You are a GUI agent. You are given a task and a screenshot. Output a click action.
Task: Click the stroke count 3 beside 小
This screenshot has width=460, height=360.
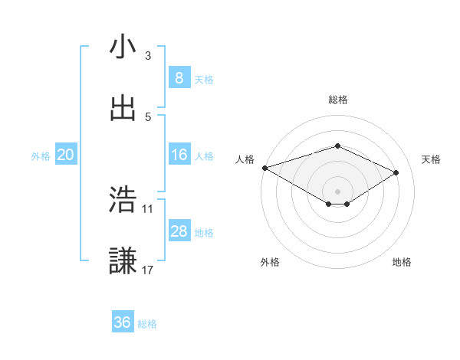[x=148, y=55]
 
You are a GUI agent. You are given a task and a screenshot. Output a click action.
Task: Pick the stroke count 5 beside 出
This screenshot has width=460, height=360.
[x=148, y=116]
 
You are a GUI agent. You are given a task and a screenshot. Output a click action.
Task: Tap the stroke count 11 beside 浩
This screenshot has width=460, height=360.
[x=148, y=208]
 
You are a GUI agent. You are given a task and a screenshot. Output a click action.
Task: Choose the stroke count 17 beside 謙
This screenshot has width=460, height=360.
[x=148, y=270]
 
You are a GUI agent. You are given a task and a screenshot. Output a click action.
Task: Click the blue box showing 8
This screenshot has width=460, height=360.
[x=179, y=78]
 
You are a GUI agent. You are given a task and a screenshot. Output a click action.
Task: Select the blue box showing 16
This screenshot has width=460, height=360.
[x=179, y=155]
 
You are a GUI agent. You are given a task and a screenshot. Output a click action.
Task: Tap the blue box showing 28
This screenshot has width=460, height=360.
[x=179, y=232]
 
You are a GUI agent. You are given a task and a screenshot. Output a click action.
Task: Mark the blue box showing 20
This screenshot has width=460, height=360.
[x=65, y=155]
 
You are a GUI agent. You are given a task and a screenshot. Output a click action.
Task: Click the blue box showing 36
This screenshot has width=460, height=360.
[x=122, y=323]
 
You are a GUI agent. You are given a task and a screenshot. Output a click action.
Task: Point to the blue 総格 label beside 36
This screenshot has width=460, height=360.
[x=147, y=324]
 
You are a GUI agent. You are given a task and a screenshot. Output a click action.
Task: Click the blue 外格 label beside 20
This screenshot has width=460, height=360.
[x=41, y=156]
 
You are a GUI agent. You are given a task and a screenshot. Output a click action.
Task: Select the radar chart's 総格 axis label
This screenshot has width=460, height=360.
[x=338, y=100]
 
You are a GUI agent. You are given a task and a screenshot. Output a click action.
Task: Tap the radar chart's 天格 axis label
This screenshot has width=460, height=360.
[x=431, y=159]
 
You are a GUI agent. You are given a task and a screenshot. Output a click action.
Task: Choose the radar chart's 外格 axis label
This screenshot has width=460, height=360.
[x=270, y=262]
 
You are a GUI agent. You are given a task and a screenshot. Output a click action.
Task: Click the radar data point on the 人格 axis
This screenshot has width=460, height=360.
[x=264, y=168]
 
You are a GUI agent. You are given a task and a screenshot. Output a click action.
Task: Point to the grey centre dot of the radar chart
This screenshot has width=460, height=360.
[x=337, y=191]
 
